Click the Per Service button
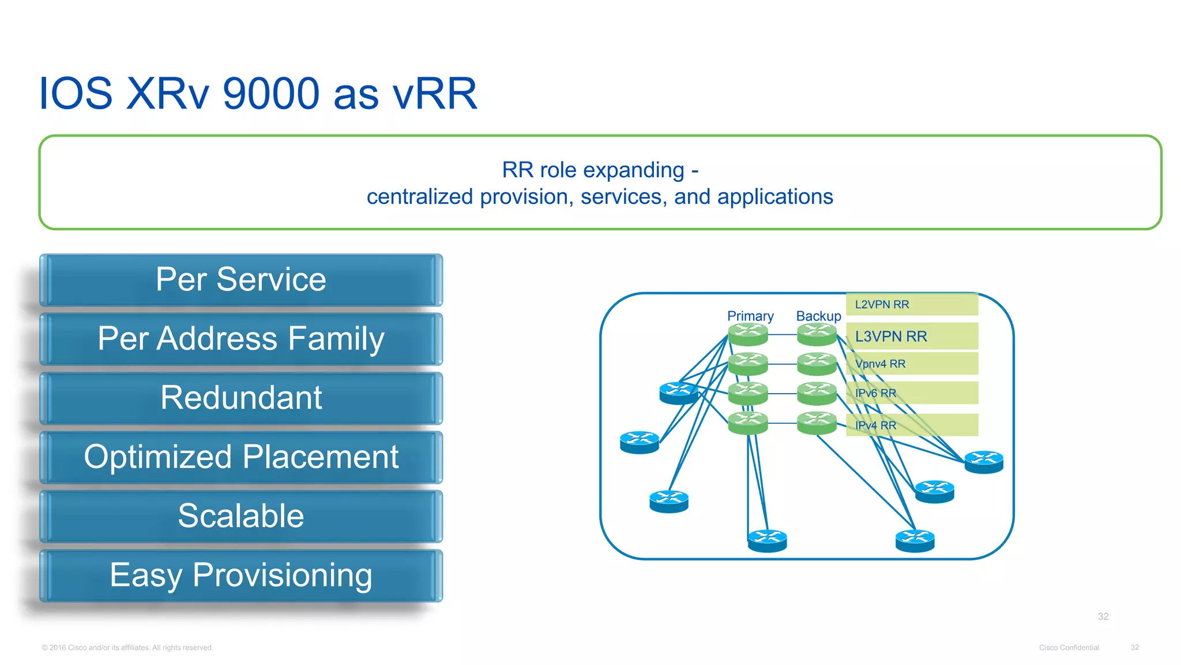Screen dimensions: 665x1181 coord(241,280)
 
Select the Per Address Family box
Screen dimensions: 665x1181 coord(241,339)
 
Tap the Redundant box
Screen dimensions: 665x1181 coord(241,398)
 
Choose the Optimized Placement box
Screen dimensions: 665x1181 coord(241,457)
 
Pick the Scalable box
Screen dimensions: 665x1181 coord(241,516)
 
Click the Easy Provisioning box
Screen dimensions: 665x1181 coord(241,576)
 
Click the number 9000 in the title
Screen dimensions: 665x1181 coord(270,94)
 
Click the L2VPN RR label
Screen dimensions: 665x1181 coord(882,304)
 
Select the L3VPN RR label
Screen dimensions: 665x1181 coord(891,336)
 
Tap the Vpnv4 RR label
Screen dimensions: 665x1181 coord(881,364)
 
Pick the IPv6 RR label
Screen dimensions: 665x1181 coord(875,393)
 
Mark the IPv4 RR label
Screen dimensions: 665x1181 coord(875,425)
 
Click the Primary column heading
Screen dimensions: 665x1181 coord(750,316)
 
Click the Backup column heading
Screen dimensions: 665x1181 coord(818,316)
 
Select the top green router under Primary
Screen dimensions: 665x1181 coord(748,334)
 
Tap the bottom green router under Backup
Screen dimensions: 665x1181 coord(817,423)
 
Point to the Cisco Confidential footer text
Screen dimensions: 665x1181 coord(1069,648)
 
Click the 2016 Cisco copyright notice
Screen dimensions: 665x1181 coord(127,648)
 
